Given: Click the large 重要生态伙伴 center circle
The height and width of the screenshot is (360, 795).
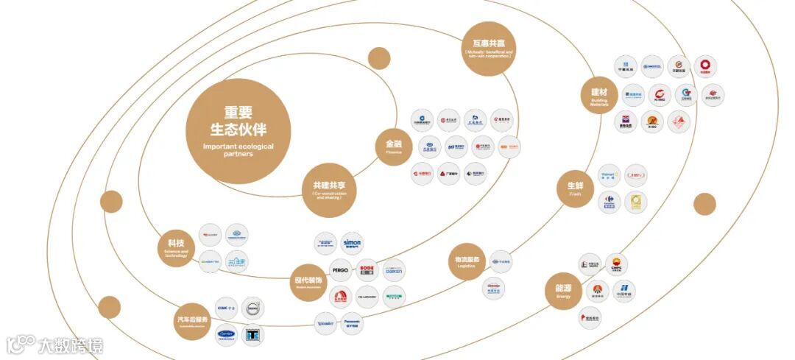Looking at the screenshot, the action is pyautogui.click(x=238, y=131).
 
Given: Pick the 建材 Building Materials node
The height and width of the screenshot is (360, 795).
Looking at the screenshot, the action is pyautogui.click(x=599, y=96).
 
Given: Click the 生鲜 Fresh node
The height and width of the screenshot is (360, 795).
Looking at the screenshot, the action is pyautogui.click(x=575, y=188).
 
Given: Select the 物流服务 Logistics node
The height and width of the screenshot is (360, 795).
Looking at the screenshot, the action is pyautogui.click(x=467, y=262).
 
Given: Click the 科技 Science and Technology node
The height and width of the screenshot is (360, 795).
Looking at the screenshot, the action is pyautogui.click(x=176, y=247).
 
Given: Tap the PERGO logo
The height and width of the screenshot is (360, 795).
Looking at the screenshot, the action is pyautogui.click(x=339, y=270).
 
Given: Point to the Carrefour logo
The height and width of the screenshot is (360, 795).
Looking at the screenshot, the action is pyautogui.click(x=609, y=202).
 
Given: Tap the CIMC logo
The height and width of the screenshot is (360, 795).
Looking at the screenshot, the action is pyautogui.click(x=225, y=308).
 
